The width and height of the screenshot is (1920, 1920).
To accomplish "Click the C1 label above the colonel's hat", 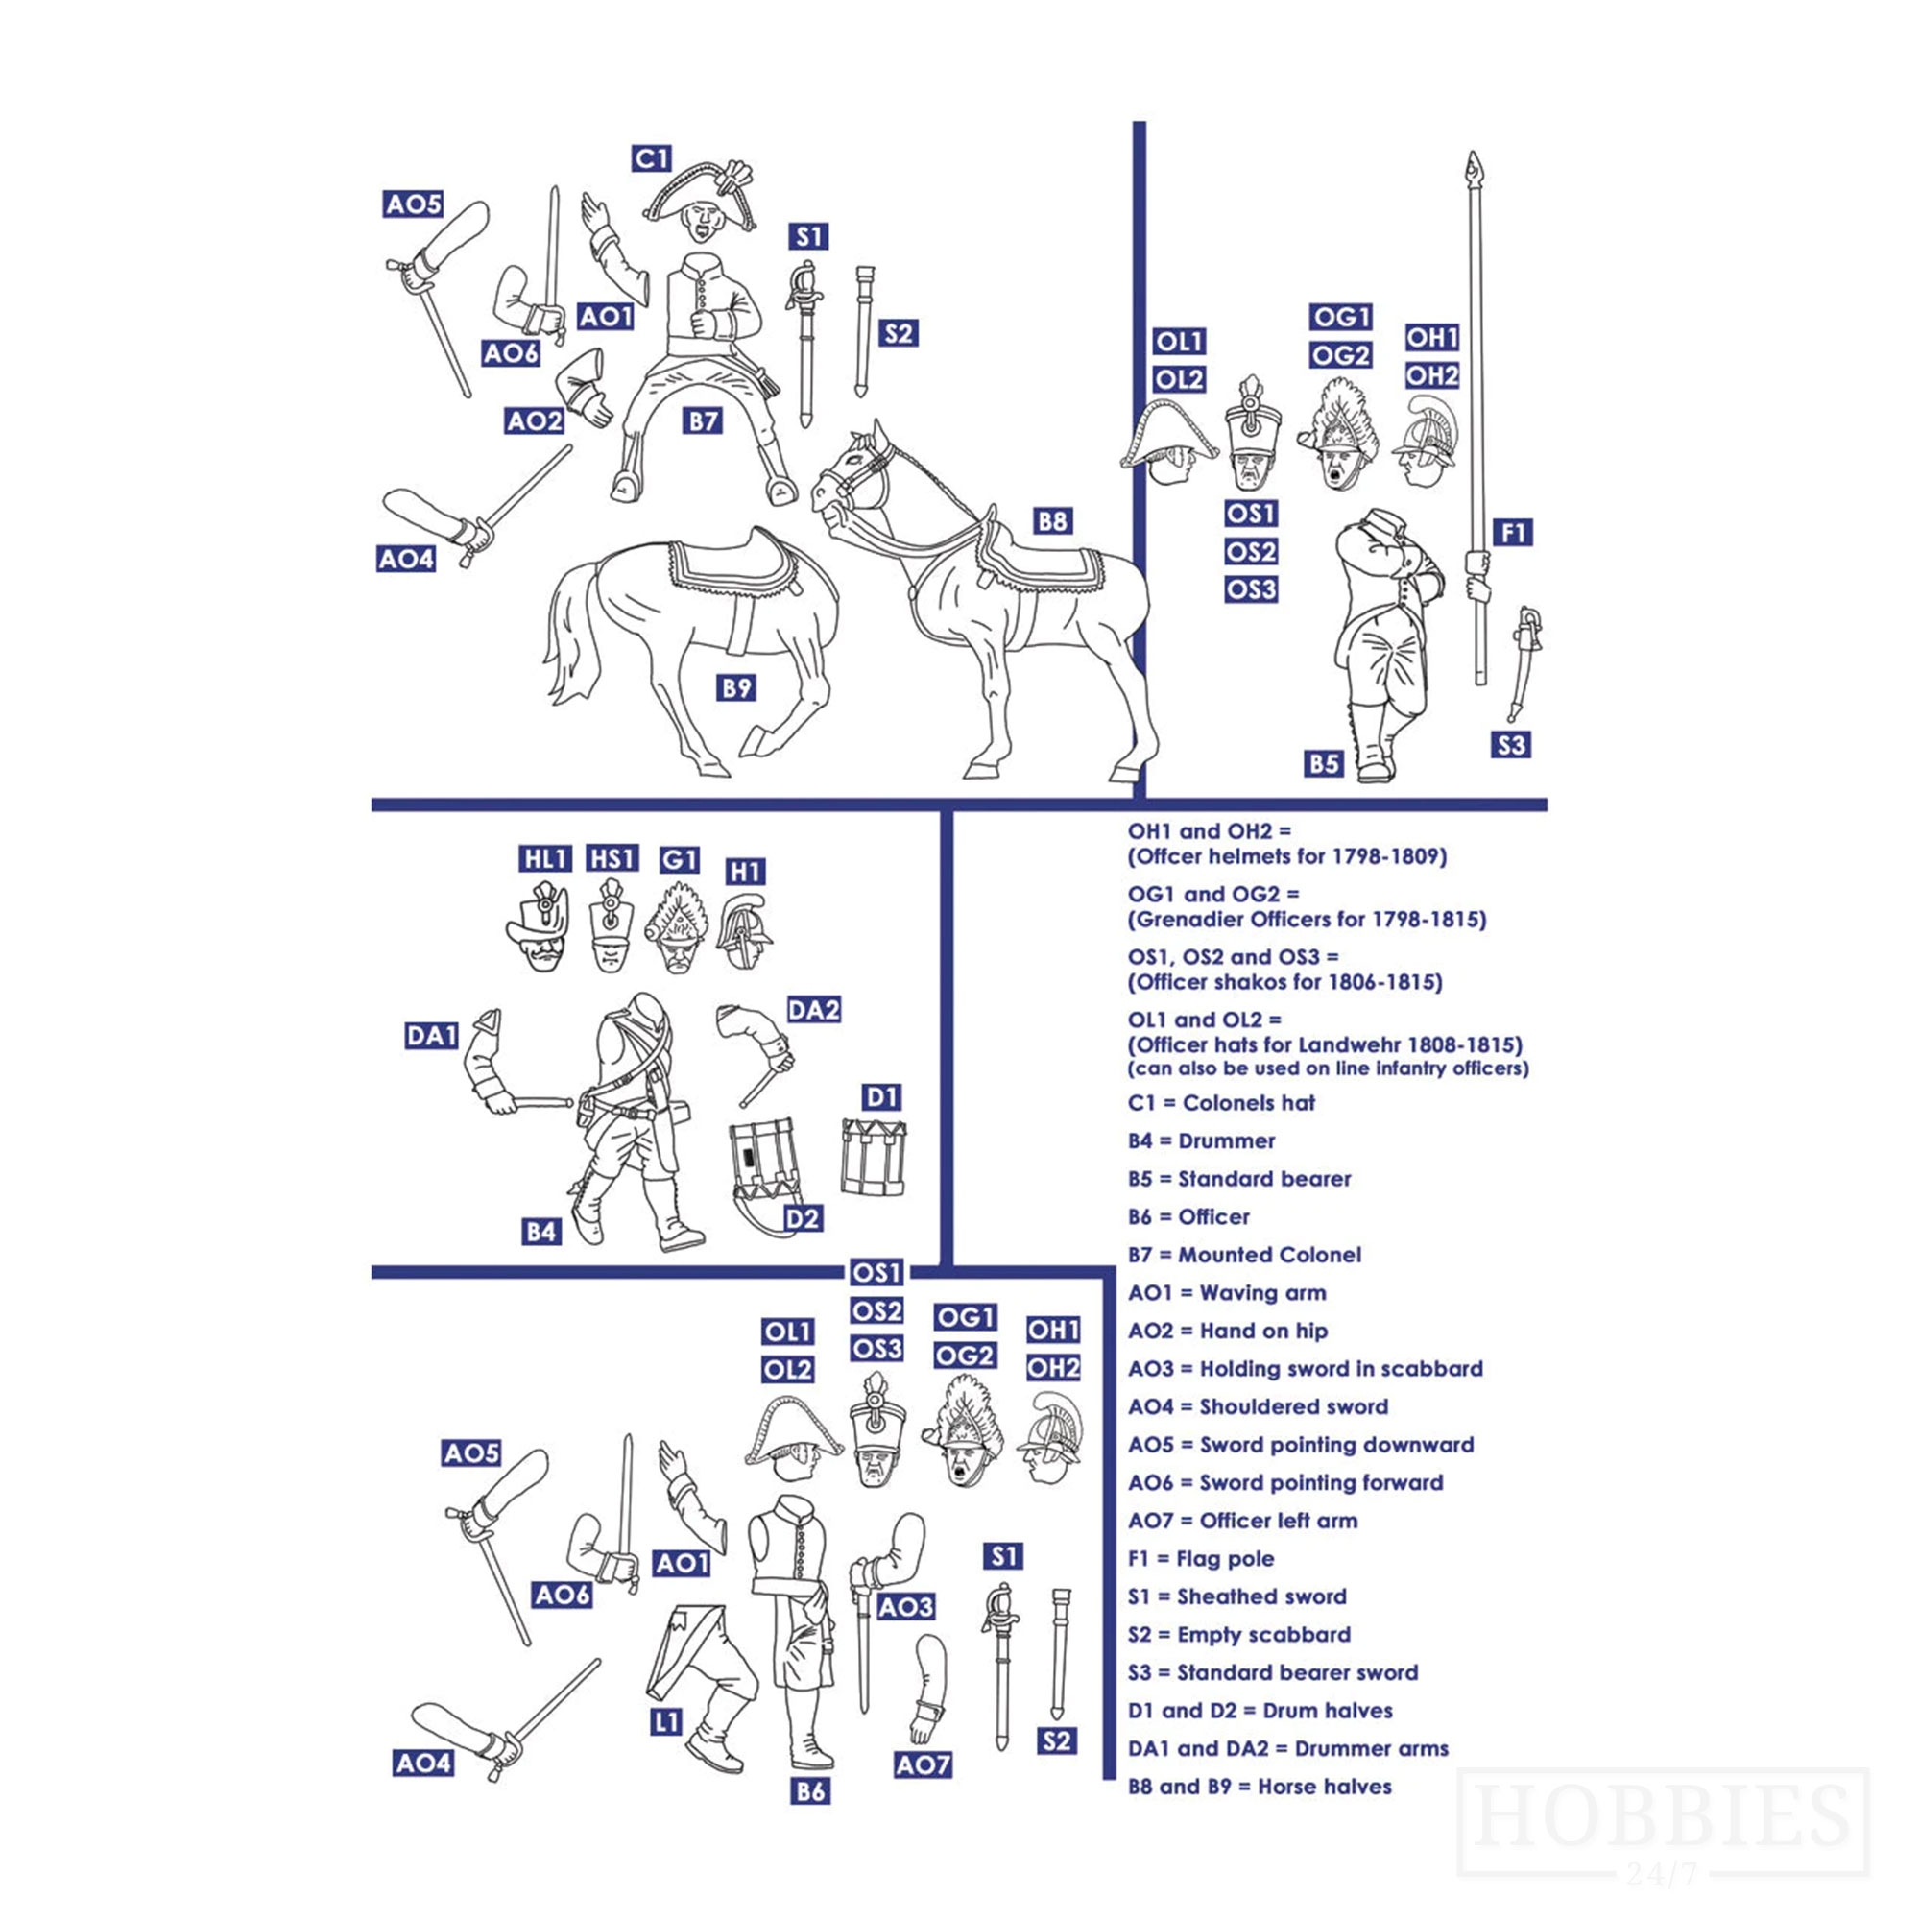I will (651, 158).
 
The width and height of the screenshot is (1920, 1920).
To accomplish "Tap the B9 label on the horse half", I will (736, 686).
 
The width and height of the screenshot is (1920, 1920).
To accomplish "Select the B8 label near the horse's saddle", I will (1051, 520).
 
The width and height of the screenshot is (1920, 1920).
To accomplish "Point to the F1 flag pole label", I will (1513, 533).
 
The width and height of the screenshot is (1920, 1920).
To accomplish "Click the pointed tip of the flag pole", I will (1475, 162).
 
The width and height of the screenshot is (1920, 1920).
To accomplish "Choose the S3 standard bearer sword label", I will (1510, 744).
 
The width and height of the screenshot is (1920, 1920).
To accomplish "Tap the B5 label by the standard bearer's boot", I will (1324, 763).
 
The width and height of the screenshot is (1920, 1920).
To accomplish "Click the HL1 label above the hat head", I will (544, 858).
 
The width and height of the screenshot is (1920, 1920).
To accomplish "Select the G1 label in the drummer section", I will (679, 859).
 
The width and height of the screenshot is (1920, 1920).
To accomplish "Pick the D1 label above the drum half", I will (881, 1097).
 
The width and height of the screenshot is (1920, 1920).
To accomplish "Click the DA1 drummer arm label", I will (431, 1036).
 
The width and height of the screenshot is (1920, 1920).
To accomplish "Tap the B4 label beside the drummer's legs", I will (541, 1233).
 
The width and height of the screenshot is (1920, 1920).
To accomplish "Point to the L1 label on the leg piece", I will (667, 1722).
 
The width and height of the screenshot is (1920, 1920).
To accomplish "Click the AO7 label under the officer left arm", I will (924, 1765).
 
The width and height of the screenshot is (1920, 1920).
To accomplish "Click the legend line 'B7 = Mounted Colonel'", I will (1244, 1255).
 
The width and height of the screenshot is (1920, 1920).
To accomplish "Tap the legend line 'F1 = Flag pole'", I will (1201, 1558).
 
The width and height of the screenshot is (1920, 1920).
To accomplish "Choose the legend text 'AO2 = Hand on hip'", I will (1227, 1331).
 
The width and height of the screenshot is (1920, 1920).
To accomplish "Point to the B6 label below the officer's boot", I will (810, 1790).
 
